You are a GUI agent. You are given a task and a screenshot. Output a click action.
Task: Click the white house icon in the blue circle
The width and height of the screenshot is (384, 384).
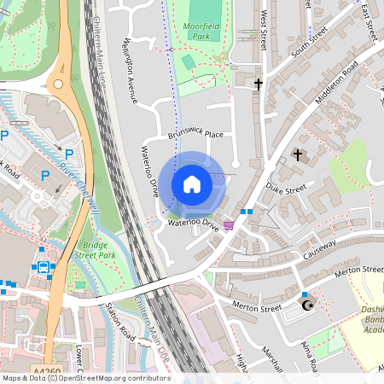pyautogui.click(x=192, y=183)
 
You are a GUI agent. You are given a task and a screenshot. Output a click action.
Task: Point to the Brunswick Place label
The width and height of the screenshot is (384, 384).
pyautogui.click(x=195, y=134)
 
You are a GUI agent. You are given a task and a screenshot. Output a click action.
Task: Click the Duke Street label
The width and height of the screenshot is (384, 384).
pyautogui.click(x=284, y=188)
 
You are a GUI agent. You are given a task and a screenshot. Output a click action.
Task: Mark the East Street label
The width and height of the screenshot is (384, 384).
pyautogui.click(x=369, y=20)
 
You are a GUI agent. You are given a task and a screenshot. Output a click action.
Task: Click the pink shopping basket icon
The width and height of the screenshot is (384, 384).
pyautogui.click(x=228, y=225)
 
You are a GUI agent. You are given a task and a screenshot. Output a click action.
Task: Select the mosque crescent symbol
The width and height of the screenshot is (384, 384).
pyautogui.click(x=309, y=305)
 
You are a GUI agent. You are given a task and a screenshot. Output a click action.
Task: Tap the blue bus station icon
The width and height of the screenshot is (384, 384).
pyautogui.click(x=42, y=266)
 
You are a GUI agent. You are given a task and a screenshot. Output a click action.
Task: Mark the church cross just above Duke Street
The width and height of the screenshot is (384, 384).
pyautogui.click(x=298, y=154)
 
